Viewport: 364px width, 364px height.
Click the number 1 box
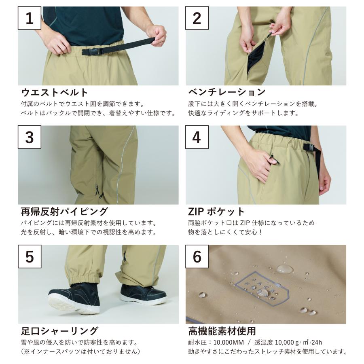(30, 18)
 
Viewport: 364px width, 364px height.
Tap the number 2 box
(197, 18)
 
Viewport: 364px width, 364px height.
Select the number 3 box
(30, 137)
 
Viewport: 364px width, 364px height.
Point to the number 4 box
(197, 137)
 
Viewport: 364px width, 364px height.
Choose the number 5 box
(30, 256)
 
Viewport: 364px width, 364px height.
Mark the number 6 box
(197, 256)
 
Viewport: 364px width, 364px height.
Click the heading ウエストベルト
(54, 92)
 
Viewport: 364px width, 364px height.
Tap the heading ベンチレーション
(227, 92)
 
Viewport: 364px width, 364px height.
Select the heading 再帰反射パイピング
(64, 212)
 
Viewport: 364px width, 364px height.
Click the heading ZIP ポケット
(216, 212)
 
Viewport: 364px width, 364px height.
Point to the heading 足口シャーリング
(60, 331)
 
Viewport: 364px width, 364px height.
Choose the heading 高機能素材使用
(222, 331)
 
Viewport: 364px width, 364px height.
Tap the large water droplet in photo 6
(285, 269)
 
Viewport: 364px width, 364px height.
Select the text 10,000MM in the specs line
(229, 343)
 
